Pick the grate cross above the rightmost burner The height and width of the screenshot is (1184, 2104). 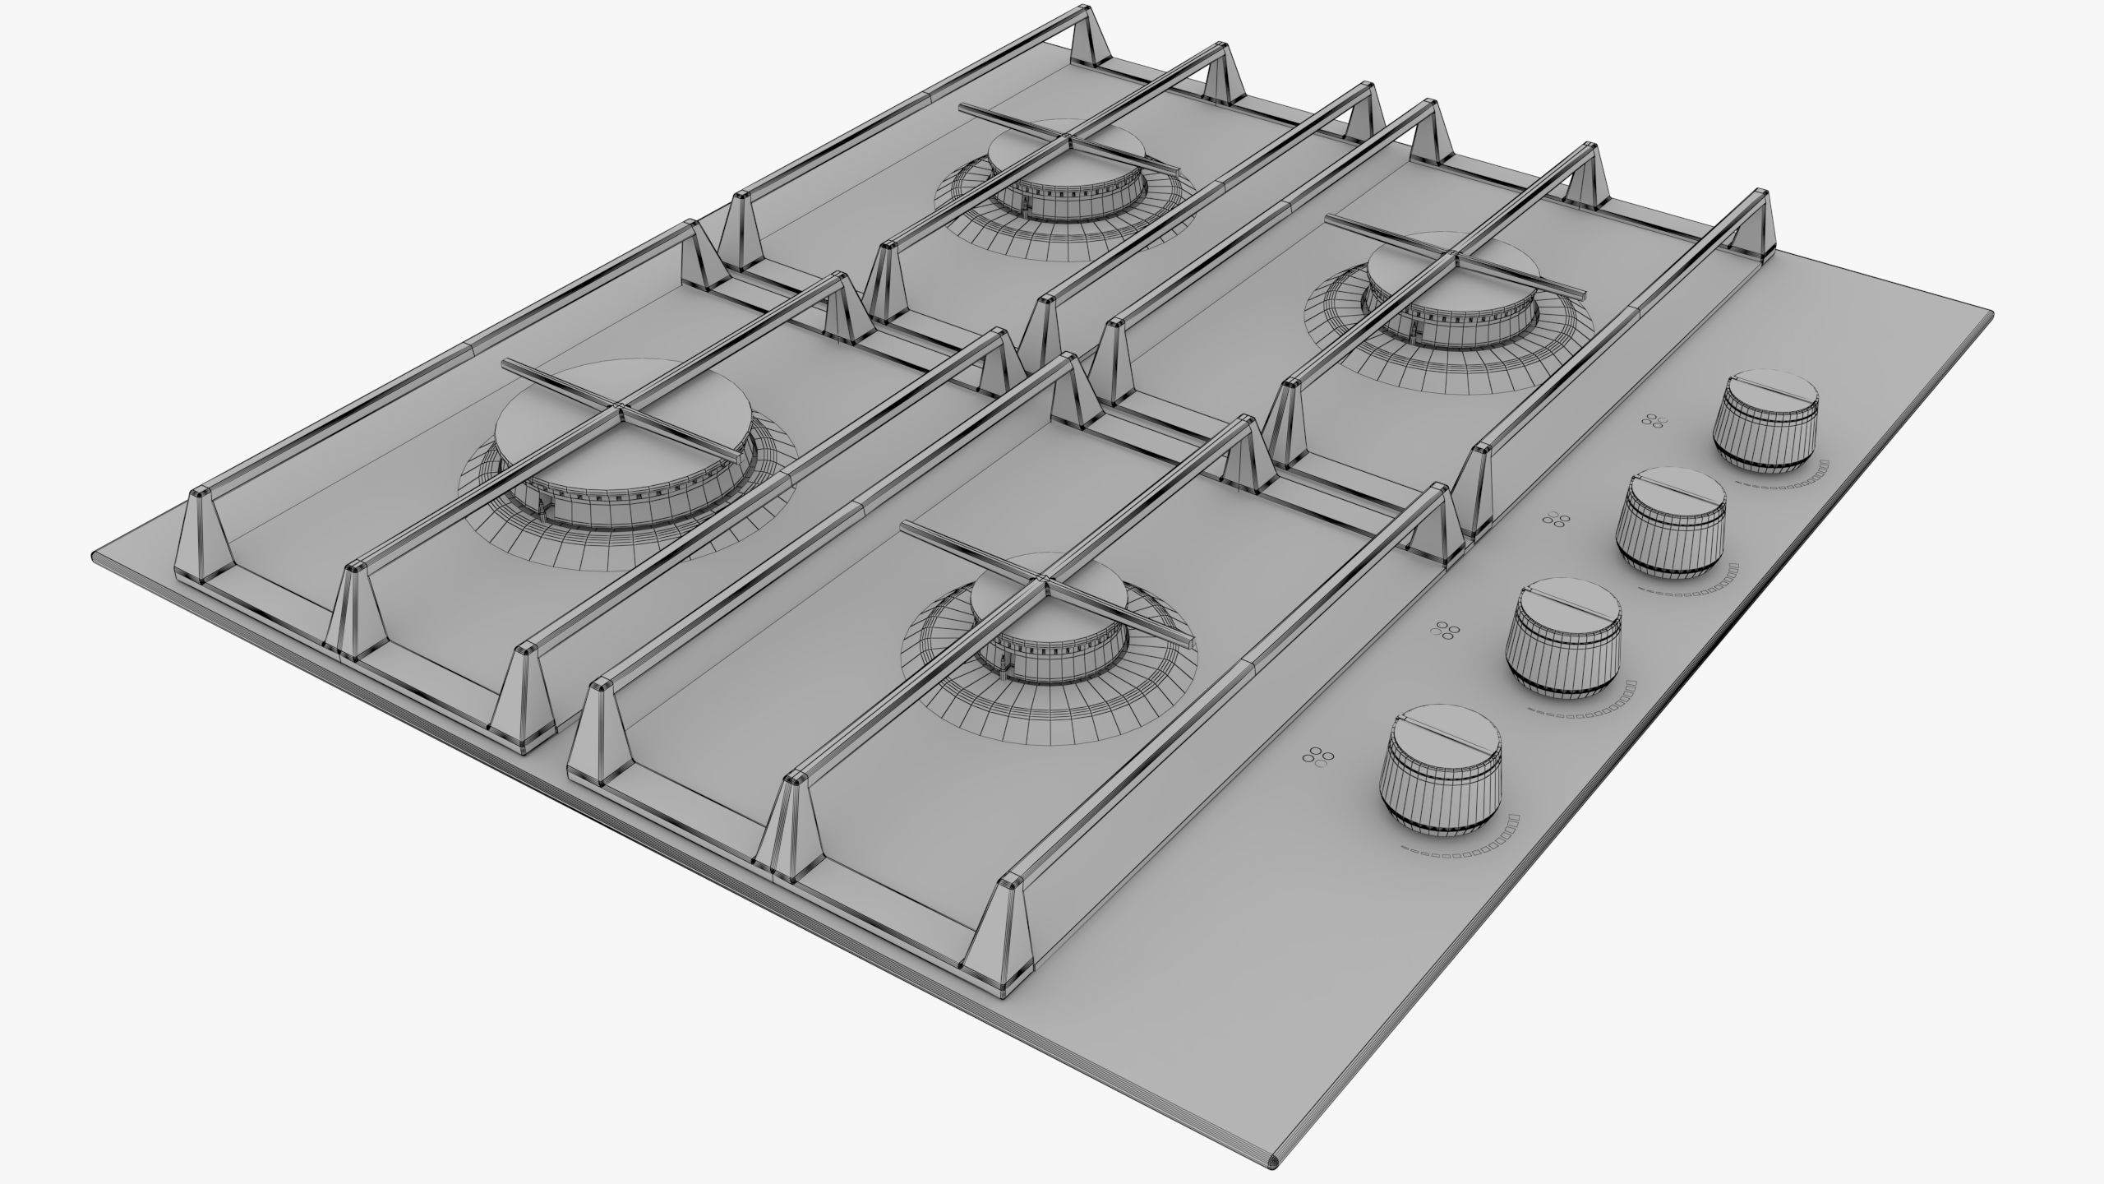[1456, 256]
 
